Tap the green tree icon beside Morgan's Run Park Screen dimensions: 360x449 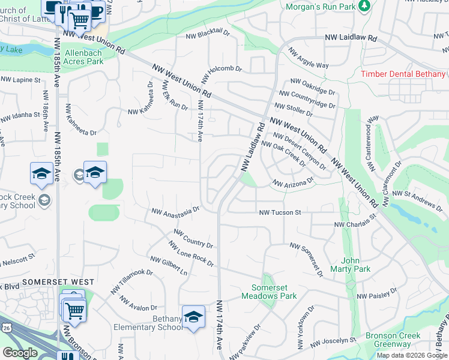(364, 6)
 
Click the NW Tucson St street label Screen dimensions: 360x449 (280, 212)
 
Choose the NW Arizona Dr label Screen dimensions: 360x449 (294, 182)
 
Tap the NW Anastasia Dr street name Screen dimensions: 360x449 (175, 212)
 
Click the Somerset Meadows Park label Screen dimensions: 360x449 (270, 292)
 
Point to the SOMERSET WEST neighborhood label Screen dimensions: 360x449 (58, 282)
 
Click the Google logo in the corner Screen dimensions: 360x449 (20, 353)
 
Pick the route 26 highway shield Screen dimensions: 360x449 (5, 328)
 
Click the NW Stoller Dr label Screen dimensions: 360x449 (294, 109)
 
